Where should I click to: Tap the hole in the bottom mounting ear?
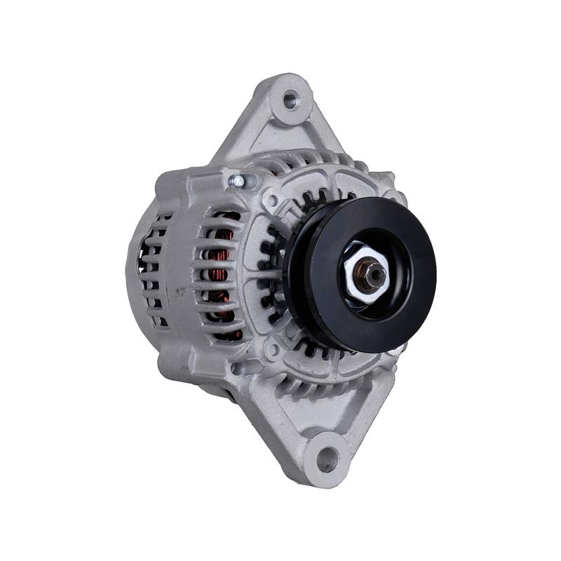(x=327, y=459)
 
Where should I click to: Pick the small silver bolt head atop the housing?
(x=238, y=182)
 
